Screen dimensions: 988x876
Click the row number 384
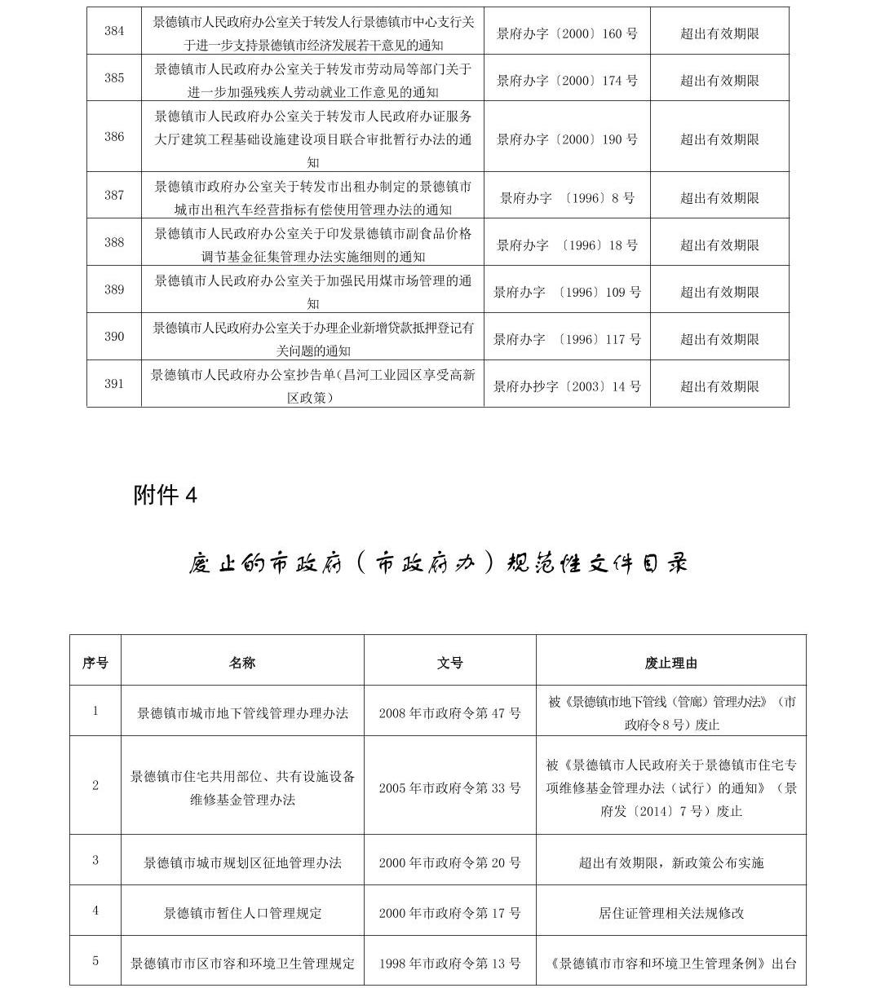point(114,31)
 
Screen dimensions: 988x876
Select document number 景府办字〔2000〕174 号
point(567,81)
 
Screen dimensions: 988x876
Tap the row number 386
point(114,136)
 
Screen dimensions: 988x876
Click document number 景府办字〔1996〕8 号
point(567,198)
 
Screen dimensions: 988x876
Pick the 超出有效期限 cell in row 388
point(719,245)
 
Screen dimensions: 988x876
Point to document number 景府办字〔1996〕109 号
point(567,292)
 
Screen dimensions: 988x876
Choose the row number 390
point(114,337)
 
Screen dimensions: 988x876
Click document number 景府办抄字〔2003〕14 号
point(567,386)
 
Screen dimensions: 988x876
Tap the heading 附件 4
point(166,495)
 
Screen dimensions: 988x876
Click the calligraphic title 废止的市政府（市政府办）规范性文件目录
point(438,563)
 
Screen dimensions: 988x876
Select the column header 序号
point(95,663)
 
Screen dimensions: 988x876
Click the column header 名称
point(242,663)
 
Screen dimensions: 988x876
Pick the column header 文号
point(449,663)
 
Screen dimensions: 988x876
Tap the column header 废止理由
point(670,663)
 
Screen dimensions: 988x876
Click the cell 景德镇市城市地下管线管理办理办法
point(242,713)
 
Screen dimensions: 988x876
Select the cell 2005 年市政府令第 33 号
point(449,788)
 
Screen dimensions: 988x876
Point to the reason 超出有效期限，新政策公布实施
point(670,862)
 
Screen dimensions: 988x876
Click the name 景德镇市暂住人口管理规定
point(242,913)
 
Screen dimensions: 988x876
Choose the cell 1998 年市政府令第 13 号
point(449,964)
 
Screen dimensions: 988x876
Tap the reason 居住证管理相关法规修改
point(670,913)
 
